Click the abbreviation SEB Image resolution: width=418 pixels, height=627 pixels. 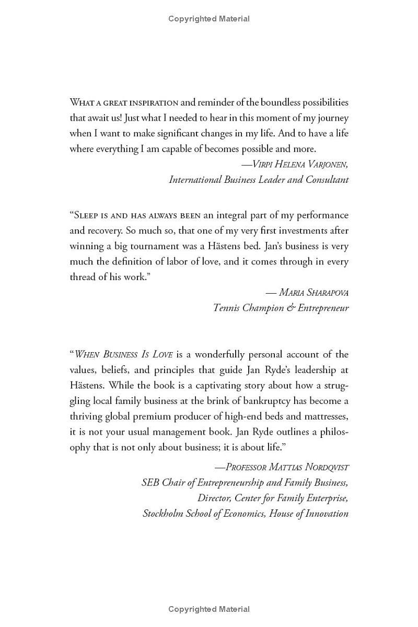click(150, 482)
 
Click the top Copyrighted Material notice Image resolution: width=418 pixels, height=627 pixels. click(209, 19)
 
